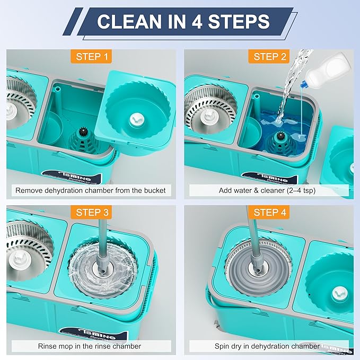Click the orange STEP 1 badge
click(91, 57)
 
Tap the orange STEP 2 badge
click(269, 57)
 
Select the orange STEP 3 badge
click(91, 213)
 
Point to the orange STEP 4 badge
click(269, 213)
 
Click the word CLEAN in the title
click(129, 22)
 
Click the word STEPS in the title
click(239, 22)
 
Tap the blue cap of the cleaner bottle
click(304, 84)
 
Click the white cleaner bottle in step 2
click(327, 68)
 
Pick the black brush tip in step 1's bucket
click(82, 132)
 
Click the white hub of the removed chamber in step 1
click(137, 120)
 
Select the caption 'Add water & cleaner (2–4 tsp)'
click(267, 190)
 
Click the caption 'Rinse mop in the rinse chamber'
click(90, 346)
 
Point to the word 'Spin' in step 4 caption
click(222, 346)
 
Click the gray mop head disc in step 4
click(259, 268)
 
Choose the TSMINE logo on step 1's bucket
click(75, 177)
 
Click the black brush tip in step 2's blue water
click(280, 136)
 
